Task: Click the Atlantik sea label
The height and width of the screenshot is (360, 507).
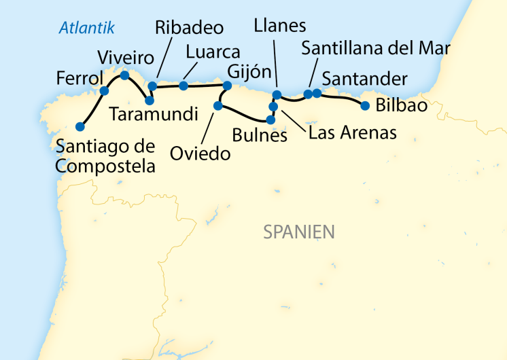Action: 87,28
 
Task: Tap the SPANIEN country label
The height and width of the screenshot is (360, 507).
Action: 299,232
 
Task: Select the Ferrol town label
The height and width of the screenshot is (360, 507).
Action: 80,78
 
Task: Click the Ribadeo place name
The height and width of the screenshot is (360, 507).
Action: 189,28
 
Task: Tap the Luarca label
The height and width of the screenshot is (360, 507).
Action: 213,52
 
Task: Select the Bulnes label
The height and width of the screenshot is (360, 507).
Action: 260,135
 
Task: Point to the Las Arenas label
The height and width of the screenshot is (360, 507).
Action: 352,132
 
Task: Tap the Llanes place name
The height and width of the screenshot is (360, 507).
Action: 279,26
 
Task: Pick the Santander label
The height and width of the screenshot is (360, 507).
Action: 364,78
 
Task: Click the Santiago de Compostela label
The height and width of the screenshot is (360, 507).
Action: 105,156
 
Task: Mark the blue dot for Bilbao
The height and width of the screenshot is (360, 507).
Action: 365,105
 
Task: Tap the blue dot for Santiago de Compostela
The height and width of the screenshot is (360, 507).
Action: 80,126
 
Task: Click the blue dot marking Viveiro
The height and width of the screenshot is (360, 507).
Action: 124,75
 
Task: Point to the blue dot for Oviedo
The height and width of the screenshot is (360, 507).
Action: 218,105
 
